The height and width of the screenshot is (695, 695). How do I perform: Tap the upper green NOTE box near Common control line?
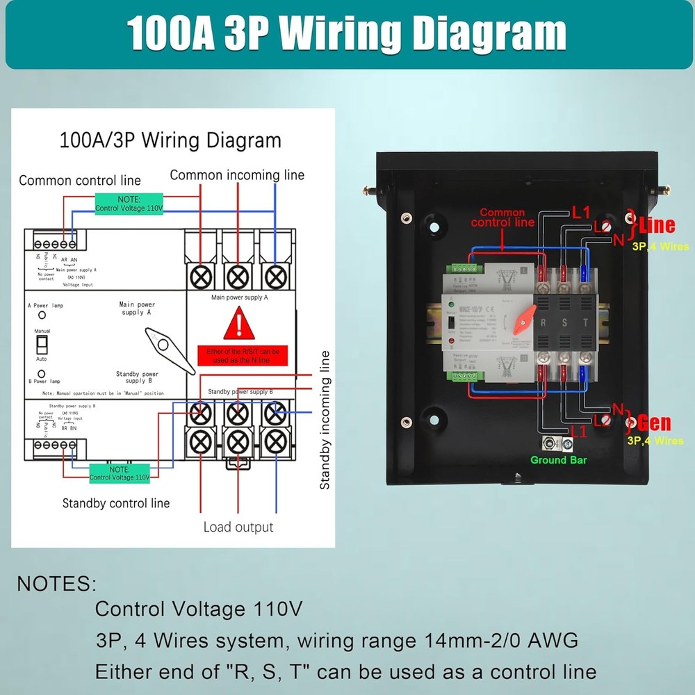click(129, 204)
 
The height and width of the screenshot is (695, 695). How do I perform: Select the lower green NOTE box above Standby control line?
click(120, 473)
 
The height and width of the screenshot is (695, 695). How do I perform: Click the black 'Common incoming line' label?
click(237, 175)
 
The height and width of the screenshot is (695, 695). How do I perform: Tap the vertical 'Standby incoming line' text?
click(325, 420)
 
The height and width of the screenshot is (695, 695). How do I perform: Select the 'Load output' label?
click(238, 527)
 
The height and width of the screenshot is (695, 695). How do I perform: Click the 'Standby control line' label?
click(115, 502)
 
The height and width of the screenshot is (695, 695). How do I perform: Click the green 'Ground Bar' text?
click(558, 460)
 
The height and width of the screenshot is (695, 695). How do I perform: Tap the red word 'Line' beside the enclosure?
click(657, 224)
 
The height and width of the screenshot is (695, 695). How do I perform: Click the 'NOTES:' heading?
click(57, 583)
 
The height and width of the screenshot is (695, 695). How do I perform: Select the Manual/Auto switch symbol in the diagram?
click(42, 345)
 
